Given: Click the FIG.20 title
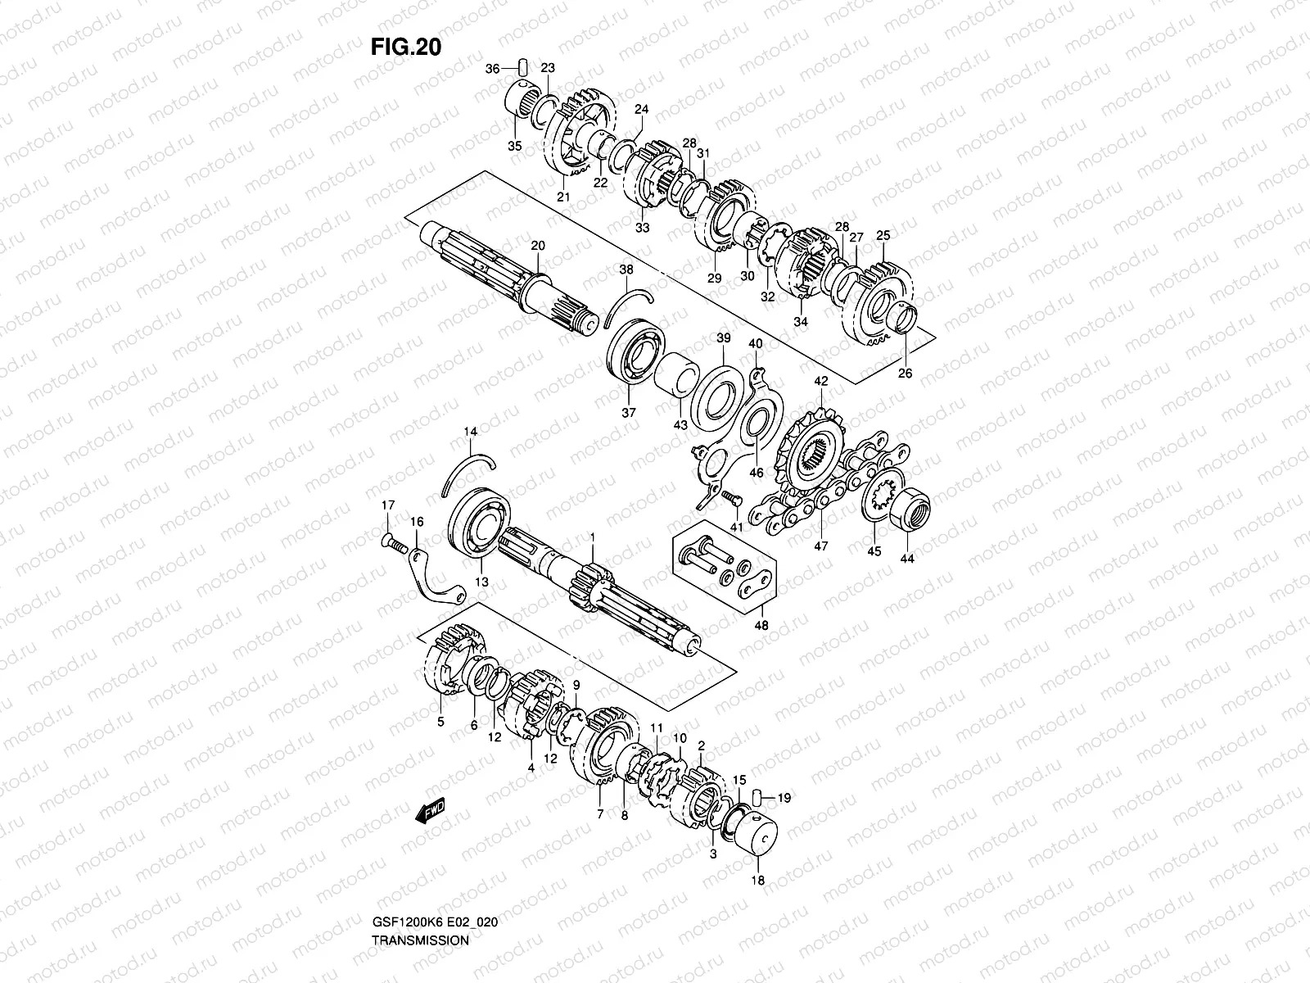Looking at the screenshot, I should click(x=406, y=48).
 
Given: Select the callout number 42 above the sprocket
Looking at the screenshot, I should click(x=820, y=381).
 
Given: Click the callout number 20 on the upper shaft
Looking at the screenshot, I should click(x=537, y=245).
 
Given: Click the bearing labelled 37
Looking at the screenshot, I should click(x=634, y=353).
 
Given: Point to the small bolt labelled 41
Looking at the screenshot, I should click(x=728, y=496).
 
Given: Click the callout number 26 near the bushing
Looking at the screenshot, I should click(x=905, y=374).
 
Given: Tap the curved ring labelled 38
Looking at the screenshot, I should click(x=631, y=301).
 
